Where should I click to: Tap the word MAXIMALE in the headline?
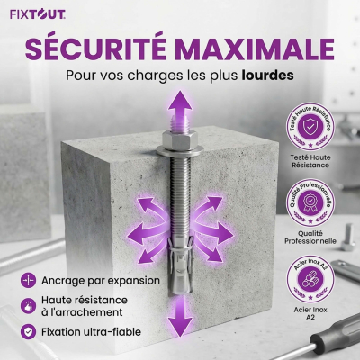255,47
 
